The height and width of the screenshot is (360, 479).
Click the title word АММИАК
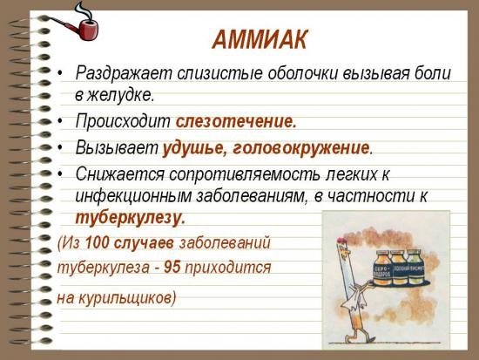click(259, 40)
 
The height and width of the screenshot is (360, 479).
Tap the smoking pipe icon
click(82, 24)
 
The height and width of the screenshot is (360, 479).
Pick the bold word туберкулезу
click(130, 216)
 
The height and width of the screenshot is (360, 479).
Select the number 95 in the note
click(172, 268)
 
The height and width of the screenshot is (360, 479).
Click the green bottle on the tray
click(415, 269)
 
